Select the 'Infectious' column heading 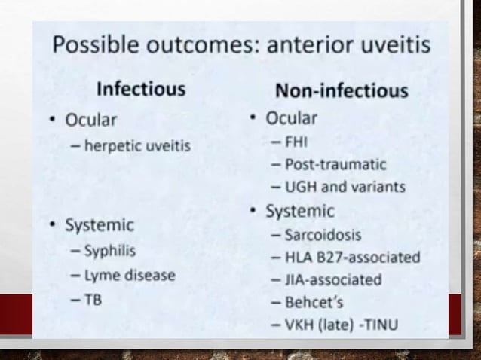(x=141, y=89)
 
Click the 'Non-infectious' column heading (x=342, y=91)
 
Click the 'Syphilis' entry (x=110, y=251)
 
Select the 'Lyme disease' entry (x=129, y=275)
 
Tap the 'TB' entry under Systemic (x=93, y=299)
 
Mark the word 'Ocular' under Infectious (x=91, y=121)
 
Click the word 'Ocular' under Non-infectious (x=291, y=118)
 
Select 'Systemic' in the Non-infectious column (x=299, y=212)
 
